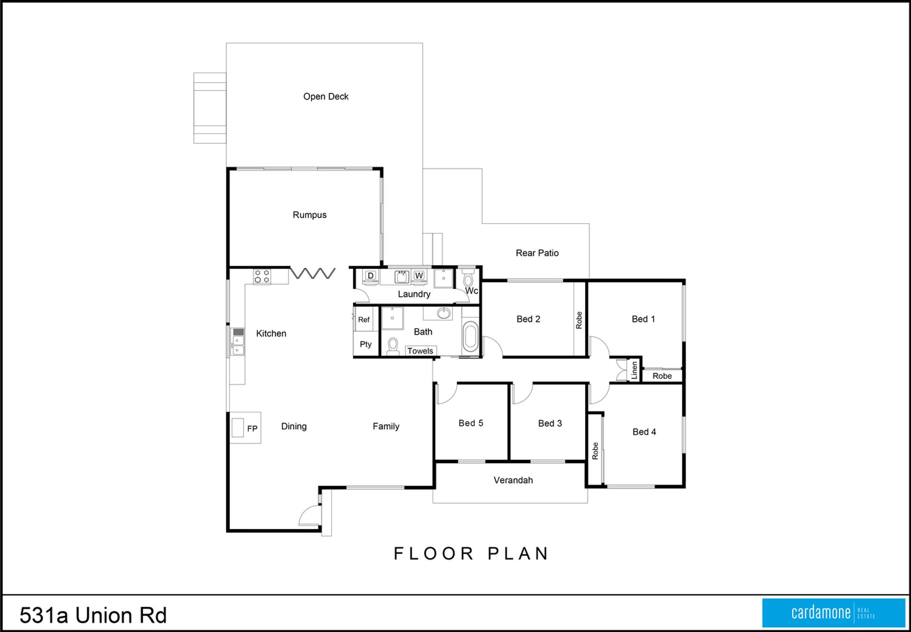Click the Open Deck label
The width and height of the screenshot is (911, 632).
tap(326, 96)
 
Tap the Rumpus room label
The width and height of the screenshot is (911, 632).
tap(309, 215)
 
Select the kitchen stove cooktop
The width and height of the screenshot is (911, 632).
tap(261, 276)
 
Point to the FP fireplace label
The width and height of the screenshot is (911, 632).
tap(252, 428)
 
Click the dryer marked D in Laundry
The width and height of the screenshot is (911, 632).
tap(371, 276)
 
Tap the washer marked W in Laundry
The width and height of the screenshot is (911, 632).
tap(419, 276)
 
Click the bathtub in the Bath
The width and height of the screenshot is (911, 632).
tap(470, 336)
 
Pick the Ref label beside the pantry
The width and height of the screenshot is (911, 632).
tap(364, 320)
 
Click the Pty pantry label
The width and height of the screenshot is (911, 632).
tap(365, 344)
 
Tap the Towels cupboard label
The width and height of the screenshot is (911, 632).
tap(420, 351)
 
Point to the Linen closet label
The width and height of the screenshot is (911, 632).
tap(634, 370)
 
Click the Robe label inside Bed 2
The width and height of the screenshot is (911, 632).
tap(579, 320)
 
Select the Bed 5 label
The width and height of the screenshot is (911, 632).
tap(471, 423)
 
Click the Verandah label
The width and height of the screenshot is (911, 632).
tap(513, 480)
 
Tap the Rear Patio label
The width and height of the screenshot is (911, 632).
tap(537, 253)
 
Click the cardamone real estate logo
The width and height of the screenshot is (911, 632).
tap(834, 613)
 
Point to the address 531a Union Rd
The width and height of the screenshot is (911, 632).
tap(93, 615)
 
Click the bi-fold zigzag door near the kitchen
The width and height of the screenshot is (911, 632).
tap(313, 273)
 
